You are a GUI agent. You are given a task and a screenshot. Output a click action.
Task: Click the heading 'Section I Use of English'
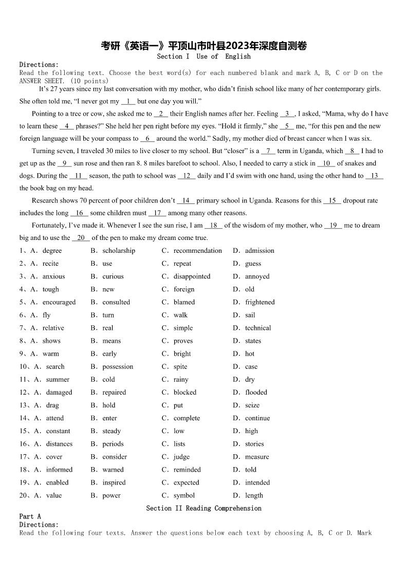[x=203, y=57]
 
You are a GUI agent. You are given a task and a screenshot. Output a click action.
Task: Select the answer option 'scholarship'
[x=119, y=251]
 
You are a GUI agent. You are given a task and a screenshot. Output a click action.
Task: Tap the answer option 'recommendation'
[x=197, y=251]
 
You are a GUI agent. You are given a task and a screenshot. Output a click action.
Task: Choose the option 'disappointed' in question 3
[x=192, y=276]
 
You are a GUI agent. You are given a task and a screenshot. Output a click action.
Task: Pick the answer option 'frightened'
[x=259, y=302]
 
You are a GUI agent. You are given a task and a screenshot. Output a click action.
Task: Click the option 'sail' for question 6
[x=250, y=315]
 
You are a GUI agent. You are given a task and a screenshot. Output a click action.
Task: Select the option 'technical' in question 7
[x=258, y=328]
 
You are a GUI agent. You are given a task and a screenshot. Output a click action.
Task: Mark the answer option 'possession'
[x=118, y=367]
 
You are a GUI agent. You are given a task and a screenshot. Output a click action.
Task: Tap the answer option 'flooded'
[x=256, y=393]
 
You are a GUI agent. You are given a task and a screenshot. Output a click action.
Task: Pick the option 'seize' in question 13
[x=252, y=405]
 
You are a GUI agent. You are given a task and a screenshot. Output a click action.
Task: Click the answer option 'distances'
[x=59, y=444]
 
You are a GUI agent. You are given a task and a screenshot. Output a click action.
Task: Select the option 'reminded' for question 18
[x=187, y=470]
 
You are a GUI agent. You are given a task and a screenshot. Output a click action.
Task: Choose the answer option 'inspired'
[x=114, y=483]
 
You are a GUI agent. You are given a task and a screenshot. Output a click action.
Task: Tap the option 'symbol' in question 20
[x=184, y=496]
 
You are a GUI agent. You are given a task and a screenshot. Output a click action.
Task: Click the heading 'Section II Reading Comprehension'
[x=203, y=508]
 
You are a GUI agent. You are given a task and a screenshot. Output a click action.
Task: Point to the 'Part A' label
[x=30, y=516]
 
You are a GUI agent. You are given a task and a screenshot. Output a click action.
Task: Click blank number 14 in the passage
[x=186, y=200]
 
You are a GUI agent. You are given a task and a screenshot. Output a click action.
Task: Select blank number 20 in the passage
[x=81, y=238]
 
